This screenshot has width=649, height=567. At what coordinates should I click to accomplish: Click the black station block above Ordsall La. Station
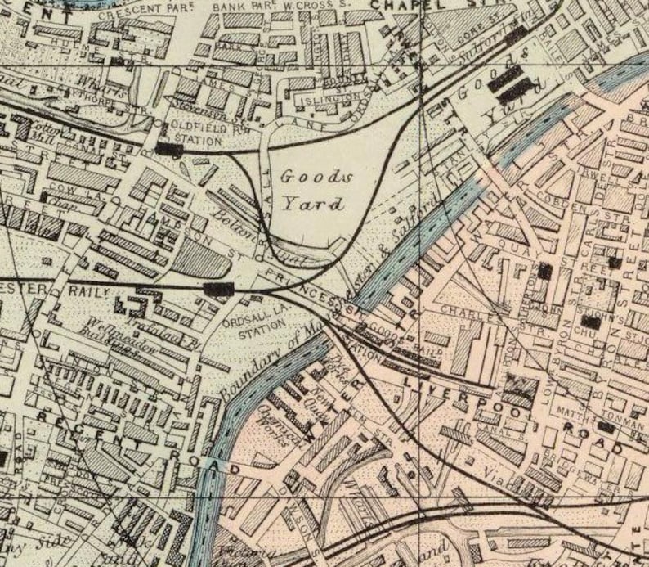(x=219, y=288)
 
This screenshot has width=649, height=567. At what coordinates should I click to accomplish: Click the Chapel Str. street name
(x=405, y=5)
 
